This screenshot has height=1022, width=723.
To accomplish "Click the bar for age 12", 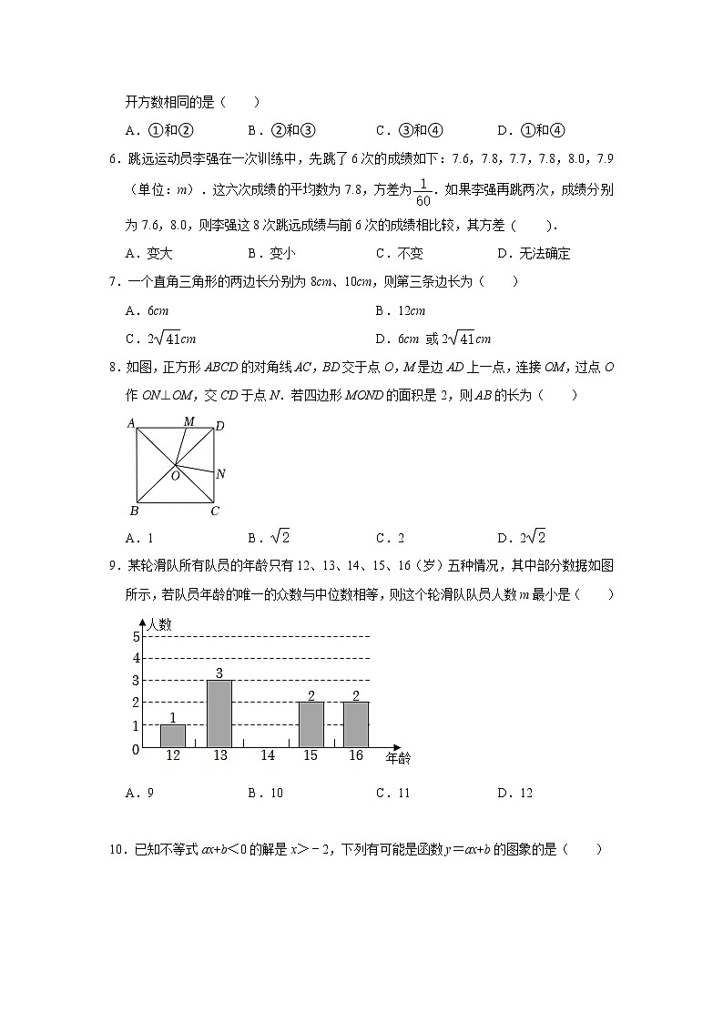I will click(x=172, y=736).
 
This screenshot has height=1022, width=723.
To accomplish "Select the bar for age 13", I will click(x=219, y=713).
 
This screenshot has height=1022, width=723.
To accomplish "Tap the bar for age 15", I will click(x=311, y=725).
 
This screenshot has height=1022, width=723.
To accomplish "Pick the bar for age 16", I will click(x=355, y=725).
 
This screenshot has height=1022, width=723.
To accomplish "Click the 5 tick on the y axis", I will click(x=136, y=636).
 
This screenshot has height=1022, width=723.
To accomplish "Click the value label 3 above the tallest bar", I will click(x=219, y=673).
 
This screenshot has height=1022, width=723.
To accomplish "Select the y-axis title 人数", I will click(x=159, y=624).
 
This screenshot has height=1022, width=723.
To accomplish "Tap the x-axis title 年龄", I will click(x=398, y=758).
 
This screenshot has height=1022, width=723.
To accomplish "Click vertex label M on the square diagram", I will click(x=188, y=420).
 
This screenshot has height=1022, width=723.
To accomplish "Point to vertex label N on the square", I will click(x=220, y=473).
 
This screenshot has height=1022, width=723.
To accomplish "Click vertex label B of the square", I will click(x=133, y=511).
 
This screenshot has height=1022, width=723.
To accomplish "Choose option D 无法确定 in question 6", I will click(x=535, y=254).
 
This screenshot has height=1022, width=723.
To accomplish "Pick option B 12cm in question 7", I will click(x=401, y=311).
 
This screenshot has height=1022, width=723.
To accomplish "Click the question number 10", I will click(x=116, y=850).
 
